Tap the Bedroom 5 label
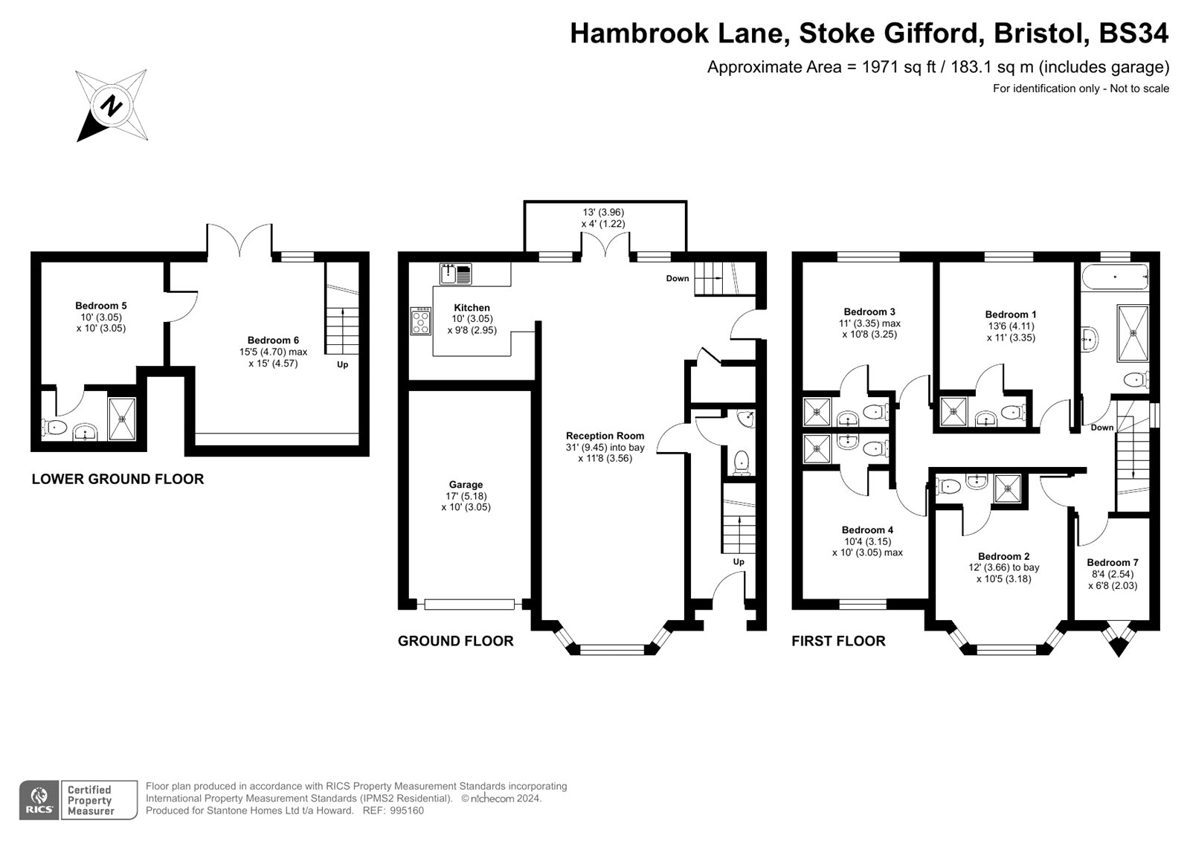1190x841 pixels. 101,306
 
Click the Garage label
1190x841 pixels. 466,485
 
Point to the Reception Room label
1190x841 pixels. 605,436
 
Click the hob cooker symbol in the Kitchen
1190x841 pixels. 421,321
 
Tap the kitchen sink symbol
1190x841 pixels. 455,274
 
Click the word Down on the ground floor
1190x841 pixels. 677,278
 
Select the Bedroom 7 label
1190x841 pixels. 1112,563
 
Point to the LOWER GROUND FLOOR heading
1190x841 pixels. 118,479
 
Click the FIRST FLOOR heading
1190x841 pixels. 838,641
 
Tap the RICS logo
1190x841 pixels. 38,800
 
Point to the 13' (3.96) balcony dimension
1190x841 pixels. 602,212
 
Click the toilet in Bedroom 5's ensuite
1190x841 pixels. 56,428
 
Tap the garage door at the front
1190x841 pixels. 469,605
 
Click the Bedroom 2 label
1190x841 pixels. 1003,556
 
